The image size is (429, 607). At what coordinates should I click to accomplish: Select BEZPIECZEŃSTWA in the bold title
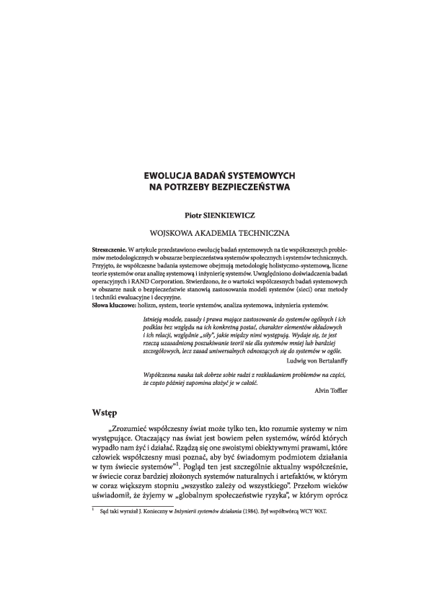tap(247, 186)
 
